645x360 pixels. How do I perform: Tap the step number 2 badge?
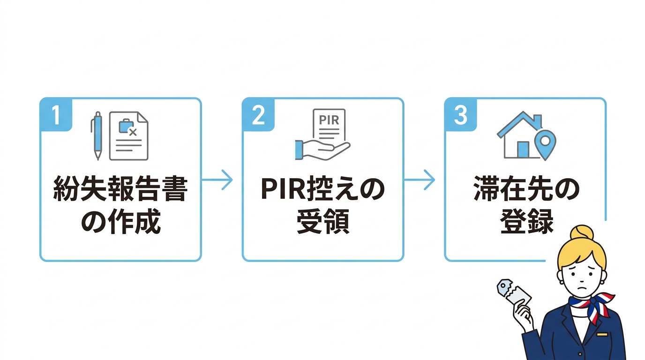[x=258, y=115]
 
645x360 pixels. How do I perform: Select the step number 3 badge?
[x=461, y=115]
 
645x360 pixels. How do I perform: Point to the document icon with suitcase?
[x=128, y=135]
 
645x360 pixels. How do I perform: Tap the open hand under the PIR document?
[x=322, y=149]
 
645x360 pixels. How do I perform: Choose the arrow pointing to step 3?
[x=420, y=180]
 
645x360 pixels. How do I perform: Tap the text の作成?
[x=121, y=222]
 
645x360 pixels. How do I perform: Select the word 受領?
[x=322, y=222]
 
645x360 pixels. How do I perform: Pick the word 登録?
[x=526, y=222]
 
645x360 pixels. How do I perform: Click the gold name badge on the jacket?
[x=602, y=334]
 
